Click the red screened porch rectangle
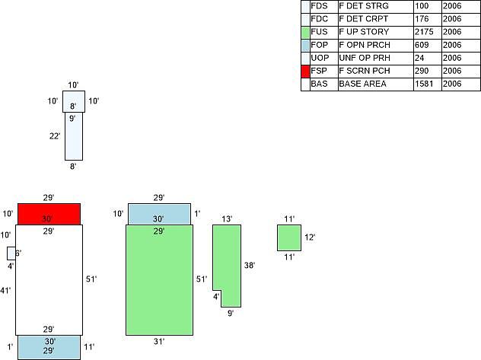tap(49, 214)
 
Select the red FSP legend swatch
tap(305, 71)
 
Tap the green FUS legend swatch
tap(305, 32)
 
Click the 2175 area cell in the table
tap(424, 32)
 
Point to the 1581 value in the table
tap(424, 84)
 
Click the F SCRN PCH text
tap(365, 71)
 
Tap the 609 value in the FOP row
tap(422, 45)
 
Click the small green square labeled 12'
tap(289, 237)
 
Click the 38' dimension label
tap(250, 266)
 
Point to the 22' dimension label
tap(55, 135)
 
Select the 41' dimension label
tap(5, 290)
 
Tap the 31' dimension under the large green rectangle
tap(159, 341)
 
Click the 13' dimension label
tap(227, 219)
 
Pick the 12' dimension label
tap(310, 237)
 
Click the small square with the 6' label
tap(11, 253)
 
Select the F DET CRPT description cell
tap(363, 19)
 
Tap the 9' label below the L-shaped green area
tap(231, 314)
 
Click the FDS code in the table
tap(319, 6)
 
